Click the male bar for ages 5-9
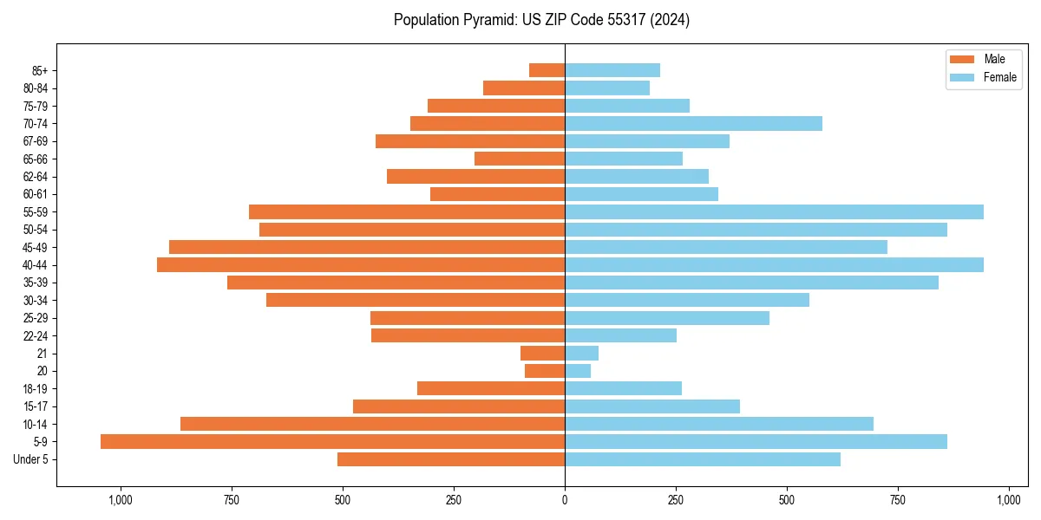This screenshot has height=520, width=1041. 332,442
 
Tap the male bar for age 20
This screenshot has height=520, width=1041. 545,371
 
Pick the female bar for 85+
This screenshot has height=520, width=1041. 612,70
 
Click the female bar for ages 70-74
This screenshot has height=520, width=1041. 693,124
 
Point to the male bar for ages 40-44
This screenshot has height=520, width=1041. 361,265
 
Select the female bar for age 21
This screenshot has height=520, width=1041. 581,354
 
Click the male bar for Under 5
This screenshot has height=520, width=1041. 451,459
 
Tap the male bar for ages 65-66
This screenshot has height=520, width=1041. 520,159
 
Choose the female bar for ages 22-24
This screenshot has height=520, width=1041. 620,335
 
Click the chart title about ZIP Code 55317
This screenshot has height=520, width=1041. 541,20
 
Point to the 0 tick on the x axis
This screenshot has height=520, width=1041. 565,500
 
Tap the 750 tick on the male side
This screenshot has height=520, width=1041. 232,500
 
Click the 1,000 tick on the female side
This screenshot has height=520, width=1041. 1009,500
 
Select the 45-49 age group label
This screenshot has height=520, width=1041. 35,248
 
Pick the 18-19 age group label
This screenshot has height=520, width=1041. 35,389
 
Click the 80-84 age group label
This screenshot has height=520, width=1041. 35,88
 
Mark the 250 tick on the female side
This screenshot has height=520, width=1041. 676,500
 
